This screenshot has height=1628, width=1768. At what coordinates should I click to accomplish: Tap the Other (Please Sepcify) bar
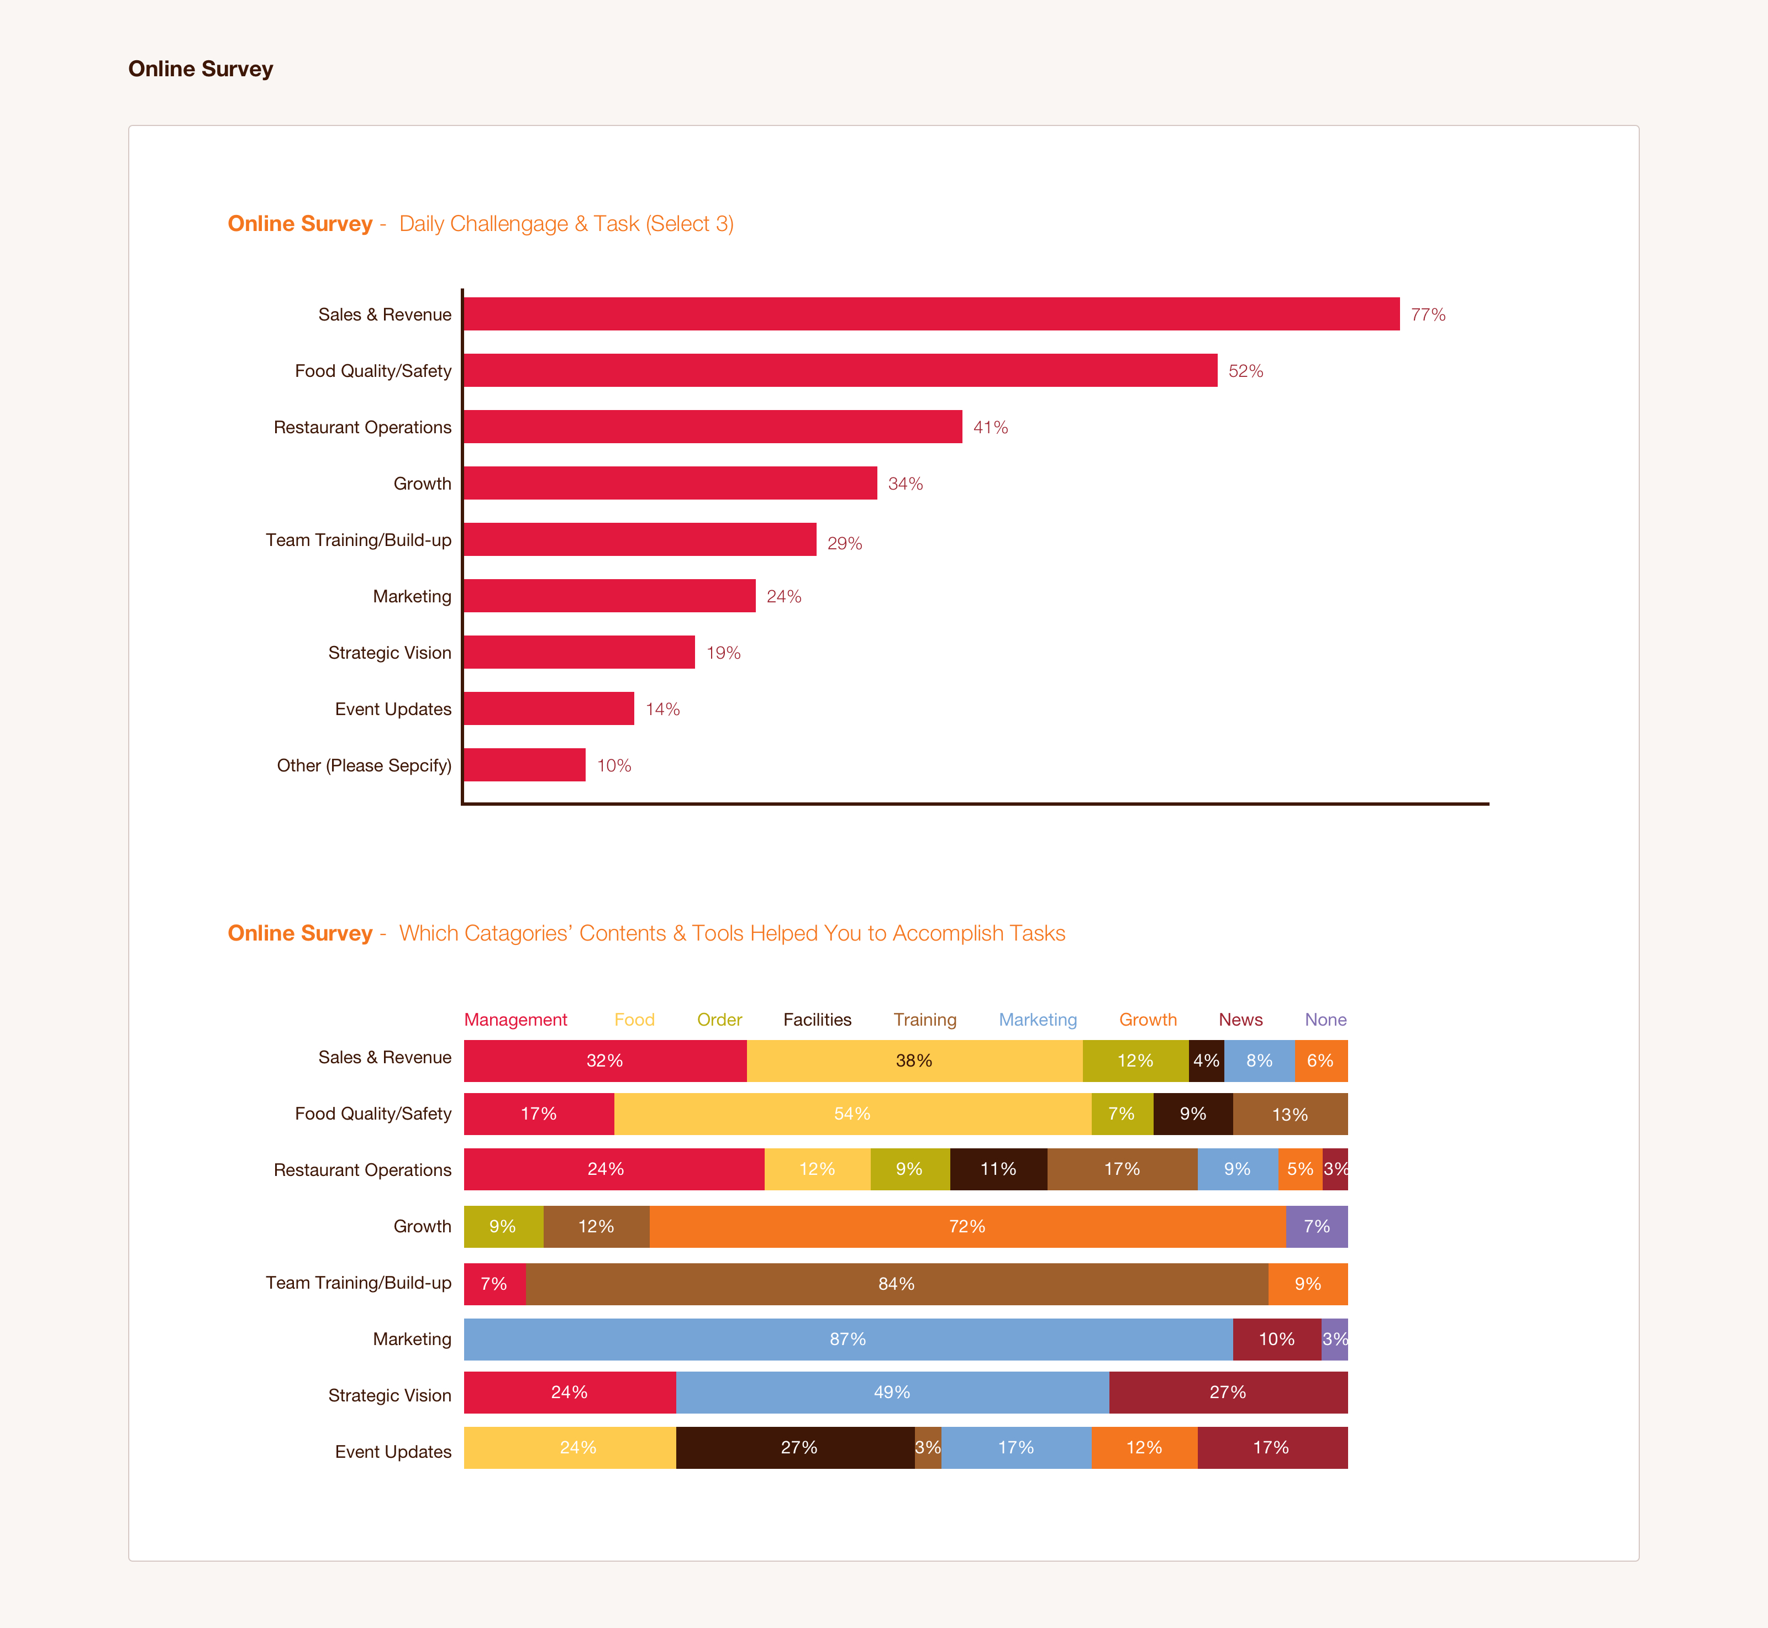click(524, 765)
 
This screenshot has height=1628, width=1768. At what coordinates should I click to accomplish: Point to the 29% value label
click(844, 544)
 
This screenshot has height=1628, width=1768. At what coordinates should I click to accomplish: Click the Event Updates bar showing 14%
click(549, 708)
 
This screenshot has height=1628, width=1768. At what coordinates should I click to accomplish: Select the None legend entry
click(1325, 1019)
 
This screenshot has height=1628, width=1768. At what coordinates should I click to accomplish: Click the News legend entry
click(1240, 1019)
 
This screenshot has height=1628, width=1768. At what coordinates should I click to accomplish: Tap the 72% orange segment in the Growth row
click(967, 1226)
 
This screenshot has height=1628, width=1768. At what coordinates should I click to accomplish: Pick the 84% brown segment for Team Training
click(896, 1284)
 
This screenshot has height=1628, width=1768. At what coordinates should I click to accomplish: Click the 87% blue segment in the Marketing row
click(848, 1339)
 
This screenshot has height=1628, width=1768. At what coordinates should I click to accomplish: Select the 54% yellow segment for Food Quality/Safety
click(852, 1114)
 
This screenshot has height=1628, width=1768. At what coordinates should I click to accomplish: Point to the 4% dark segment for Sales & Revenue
click(1206, 1060)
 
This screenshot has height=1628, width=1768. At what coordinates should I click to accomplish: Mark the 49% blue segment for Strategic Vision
click(892, 1392)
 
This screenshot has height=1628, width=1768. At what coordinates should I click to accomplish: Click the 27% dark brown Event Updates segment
click(798, 1447)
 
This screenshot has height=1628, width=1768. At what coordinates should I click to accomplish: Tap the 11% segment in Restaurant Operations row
click(998, 1169)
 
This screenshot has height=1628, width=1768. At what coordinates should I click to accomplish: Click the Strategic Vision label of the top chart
click(390, 653)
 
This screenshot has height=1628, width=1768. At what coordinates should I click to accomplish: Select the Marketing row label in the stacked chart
click(412, 1339)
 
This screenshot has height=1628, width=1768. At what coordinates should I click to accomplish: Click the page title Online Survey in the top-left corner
click(201, 69)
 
